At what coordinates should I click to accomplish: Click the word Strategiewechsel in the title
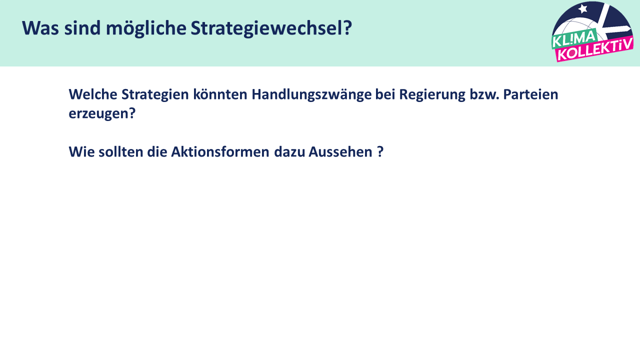(271, 28)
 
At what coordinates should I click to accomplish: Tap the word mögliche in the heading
(146, 28)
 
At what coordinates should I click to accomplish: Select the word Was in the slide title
(40, 28)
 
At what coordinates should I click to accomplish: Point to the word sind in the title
(82, 28)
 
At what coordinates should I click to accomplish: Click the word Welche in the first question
(93, 94)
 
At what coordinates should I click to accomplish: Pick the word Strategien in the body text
(155, 95)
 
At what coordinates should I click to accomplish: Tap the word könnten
(220, 94)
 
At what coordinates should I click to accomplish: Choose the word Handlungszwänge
(311, 95)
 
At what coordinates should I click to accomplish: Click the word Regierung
(432, 95)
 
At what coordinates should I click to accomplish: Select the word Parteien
(530, 94)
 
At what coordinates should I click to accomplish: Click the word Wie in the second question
(81, 151)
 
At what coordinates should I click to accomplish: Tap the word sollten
(121, 151)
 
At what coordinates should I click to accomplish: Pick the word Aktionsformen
(220, 151)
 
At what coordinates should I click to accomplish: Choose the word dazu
(289, 151)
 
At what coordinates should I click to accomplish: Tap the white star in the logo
(583, 9)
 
